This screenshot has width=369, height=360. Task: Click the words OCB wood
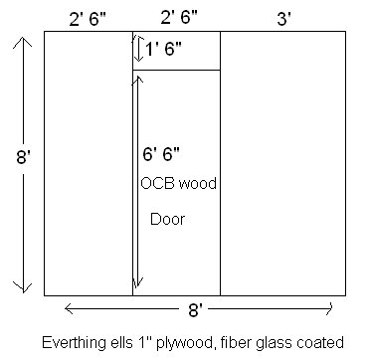click(x=178, y=185)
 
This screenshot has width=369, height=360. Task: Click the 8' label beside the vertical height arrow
click(x=11, y=158)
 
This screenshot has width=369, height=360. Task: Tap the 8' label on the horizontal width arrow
click(x=197, y=311)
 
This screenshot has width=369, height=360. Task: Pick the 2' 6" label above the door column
click(x=176, y=16)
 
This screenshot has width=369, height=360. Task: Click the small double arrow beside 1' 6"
click(x=138, y=49)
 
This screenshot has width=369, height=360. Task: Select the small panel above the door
click(x=176, y=51)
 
